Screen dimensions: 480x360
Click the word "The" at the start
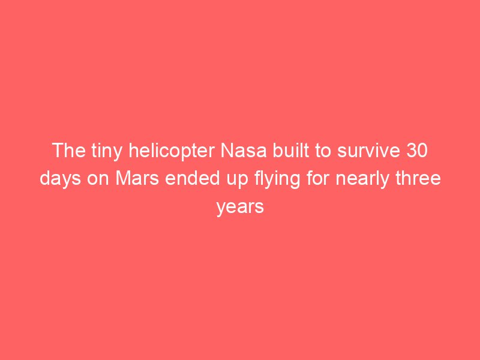click(x=69, y=151)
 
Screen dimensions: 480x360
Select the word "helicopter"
click(x=172, y=152)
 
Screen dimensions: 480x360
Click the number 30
click(x=417, y=151)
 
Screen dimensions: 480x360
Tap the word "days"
click(x=61, y=179)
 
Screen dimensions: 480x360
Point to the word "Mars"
click(x=137, y=178)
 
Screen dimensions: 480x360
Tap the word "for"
click(x=318, y=178)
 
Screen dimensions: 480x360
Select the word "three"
click(x=418, y=178)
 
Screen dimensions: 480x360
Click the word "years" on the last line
click(x=240, y=208)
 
